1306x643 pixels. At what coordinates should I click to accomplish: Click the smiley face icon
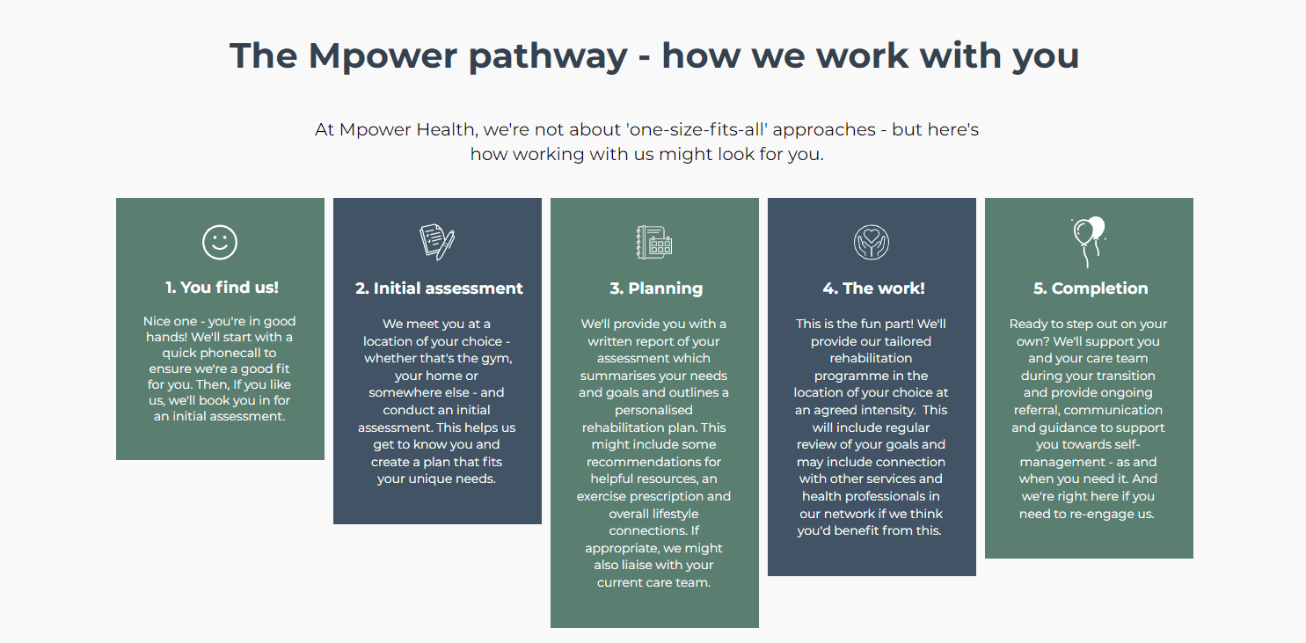pos(220,242)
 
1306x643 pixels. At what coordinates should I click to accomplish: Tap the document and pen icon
pos(437,242)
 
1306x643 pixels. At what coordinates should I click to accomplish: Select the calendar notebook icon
pos(654,242)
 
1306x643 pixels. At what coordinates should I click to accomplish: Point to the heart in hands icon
pos(872,242)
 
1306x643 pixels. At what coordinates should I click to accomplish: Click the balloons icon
pos(1088,242)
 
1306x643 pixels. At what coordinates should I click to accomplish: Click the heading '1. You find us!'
pos(222,288)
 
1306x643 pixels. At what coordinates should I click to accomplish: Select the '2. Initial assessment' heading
pos(439,289)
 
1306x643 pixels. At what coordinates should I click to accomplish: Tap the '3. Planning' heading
pos(656,289)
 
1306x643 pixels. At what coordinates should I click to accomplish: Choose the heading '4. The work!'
pos(873,289)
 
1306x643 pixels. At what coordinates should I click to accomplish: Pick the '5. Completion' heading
pos(1091,289)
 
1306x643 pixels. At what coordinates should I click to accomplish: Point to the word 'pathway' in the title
pos(548,57)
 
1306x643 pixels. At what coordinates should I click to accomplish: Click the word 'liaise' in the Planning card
pos(639,565)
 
